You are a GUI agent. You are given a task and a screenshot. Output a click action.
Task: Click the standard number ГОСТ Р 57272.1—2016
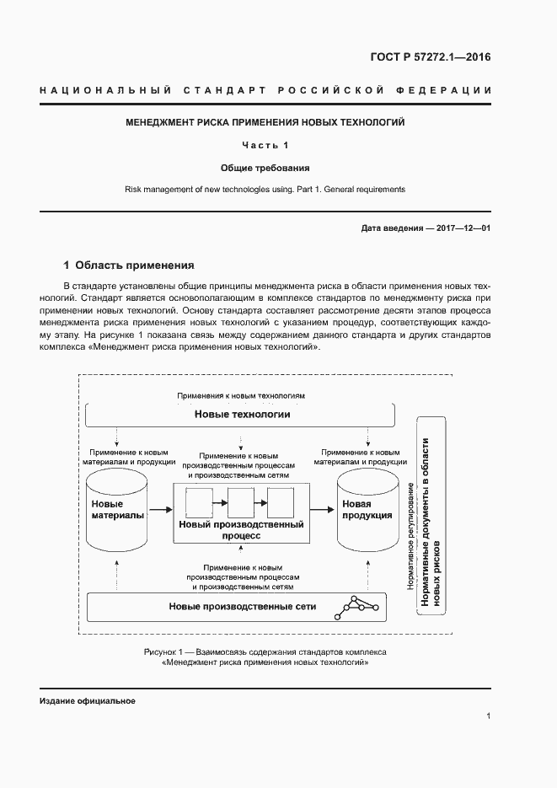coord(430,58)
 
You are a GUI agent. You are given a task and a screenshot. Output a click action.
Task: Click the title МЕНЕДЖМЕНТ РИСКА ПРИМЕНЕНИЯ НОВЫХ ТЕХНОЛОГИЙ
coord(265,122)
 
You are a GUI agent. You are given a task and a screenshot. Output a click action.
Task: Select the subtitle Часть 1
coord(265,145)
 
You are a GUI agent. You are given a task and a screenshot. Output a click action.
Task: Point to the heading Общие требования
coord(265,167)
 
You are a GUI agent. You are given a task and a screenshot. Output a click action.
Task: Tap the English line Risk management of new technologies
coord(265,189)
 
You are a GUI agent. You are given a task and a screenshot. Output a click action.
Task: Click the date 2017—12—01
coord(463,228)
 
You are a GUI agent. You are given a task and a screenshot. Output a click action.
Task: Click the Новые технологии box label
coord(242,415)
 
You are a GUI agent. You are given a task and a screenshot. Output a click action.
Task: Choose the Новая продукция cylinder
coord(367,511)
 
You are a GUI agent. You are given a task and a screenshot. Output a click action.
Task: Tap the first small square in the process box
coord(198,503)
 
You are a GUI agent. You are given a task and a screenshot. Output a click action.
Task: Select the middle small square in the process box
coord(241,503)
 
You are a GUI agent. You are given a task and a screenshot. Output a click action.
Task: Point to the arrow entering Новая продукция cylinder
coord(321,509)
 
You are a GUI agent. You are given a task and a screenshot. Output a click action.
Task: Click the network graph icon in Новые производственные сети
coord(355,605)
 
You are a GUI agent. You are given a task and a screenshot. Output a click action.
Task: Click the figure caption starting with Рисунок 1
coord(265,657)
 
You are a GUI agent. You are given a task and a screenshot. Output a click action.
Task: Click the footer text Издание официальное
coord(88,701)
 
